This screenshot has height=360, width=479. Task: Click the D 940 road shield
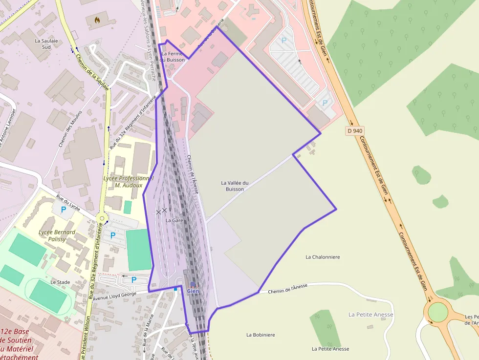coord(355,131)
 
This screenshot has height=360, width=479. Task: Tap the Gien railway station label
coord(193,291)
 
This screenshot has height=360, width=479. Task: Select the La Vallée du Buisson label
coord(235,186)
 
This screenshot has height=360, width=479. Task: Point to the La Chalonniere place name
coord(323,257)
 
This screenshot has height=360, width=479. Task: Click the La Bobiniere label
coord(261,335)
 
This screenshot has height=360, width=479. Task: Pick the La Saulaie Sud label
coord(43,44)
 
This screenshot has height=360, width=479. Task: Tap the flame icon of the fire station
coord(97,20)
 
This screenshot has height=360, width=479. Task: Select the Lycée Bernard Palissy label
coord(57,236)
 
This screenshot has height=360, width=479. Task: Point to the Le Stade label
coord(60,282)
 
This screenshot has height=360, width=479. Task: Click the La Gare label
coord(174,220)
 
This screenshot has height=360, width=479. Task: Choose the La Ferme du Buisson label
coord(173,57)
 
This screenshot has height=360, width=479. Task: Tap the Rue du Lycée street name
coord(68,203)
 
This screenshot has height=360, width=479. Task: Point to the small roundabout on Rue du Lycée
coord(102,218)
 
